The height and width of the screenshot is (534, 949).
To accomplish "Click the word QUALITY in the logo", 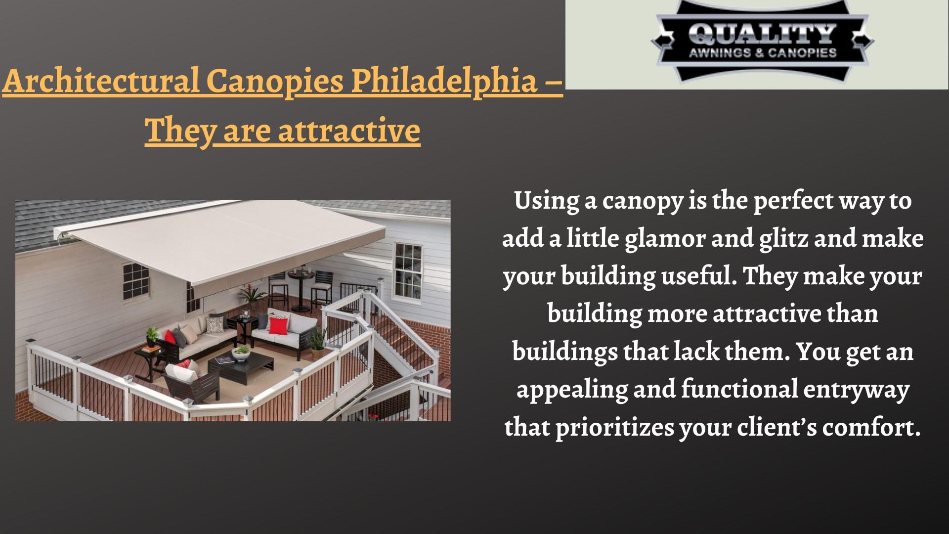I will (762, 35).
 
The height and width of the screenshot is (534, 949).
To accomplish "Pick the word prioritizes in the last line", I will (613, 427).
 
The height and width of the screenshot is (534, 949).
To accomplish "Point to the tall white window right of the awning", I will (408, 270).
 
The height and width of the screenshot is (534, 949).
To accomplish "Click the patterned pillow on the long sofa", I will (215, 324).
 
